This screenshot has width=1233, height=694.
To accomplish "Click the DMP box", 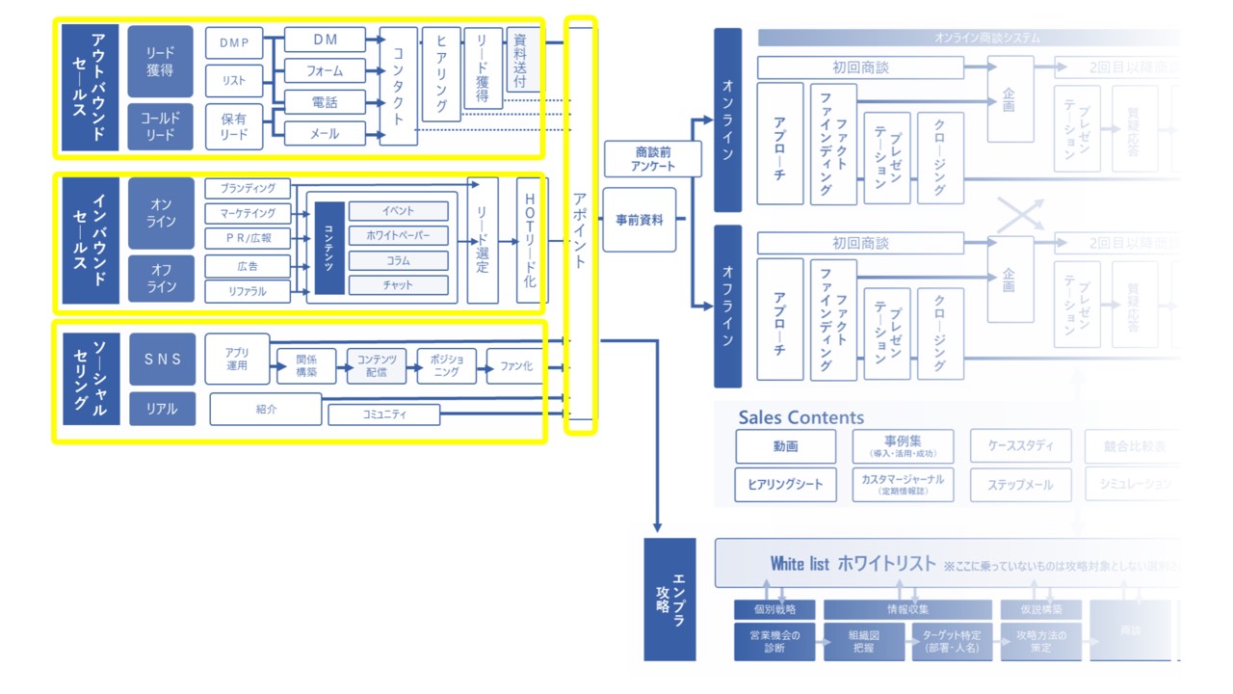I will click(233, 42).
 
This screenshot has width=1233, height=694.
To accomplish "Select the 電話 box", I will click(325, 102).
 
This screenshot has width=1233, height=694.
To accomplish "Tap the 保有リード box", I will click(233, 126).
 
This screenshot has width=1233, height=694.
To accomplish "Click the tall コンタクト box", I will click(398, 86).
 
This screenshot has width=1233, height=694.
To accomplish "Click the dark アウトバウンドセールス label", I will click(90, 87).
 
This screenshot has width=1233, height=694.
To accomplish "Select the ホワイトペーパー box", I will click(398, 235).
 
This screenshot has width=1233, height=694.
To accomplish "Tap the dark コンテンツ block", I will click(329, 248).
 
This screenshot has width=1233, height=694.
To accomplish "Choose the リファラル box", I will click(248, 291).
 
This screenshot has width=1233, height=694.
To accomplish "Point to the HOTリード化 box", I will click(531, 240).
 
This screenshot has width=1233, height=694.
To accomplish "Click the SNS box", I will click(162, 360).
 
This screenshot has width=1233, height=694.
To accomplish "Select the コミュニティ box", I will click(383, 414).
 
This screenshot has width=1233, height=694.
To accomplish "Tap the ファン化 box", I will click(515, 366).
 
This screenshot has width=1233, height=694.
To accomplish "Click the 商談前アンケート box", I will click(652, 158).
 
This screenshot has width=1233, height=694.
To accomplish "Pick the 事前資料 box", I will click(640, 220).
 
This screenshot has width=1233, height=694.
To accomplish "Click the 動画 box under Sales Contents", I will click(784, 446).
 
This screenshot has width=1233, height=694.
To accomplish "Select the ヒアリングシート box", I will click(784, 484).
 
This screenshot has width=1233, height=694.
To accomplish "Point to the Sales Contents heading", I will click(800, 417).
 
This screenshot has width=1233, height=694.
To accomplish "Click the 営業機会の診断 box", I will click(774, 641).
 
